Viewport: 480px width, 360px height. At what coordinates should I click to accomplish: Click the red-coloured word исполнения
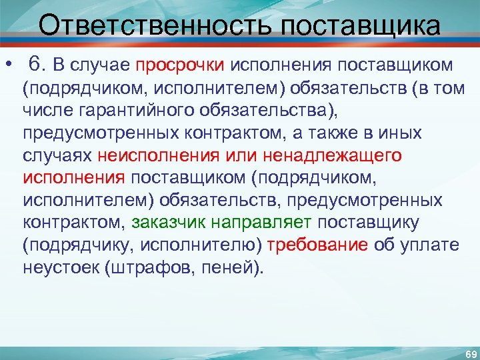click(73, 178)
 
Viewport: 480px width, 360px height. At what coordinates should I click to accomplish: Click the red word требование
click(317, 245)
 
